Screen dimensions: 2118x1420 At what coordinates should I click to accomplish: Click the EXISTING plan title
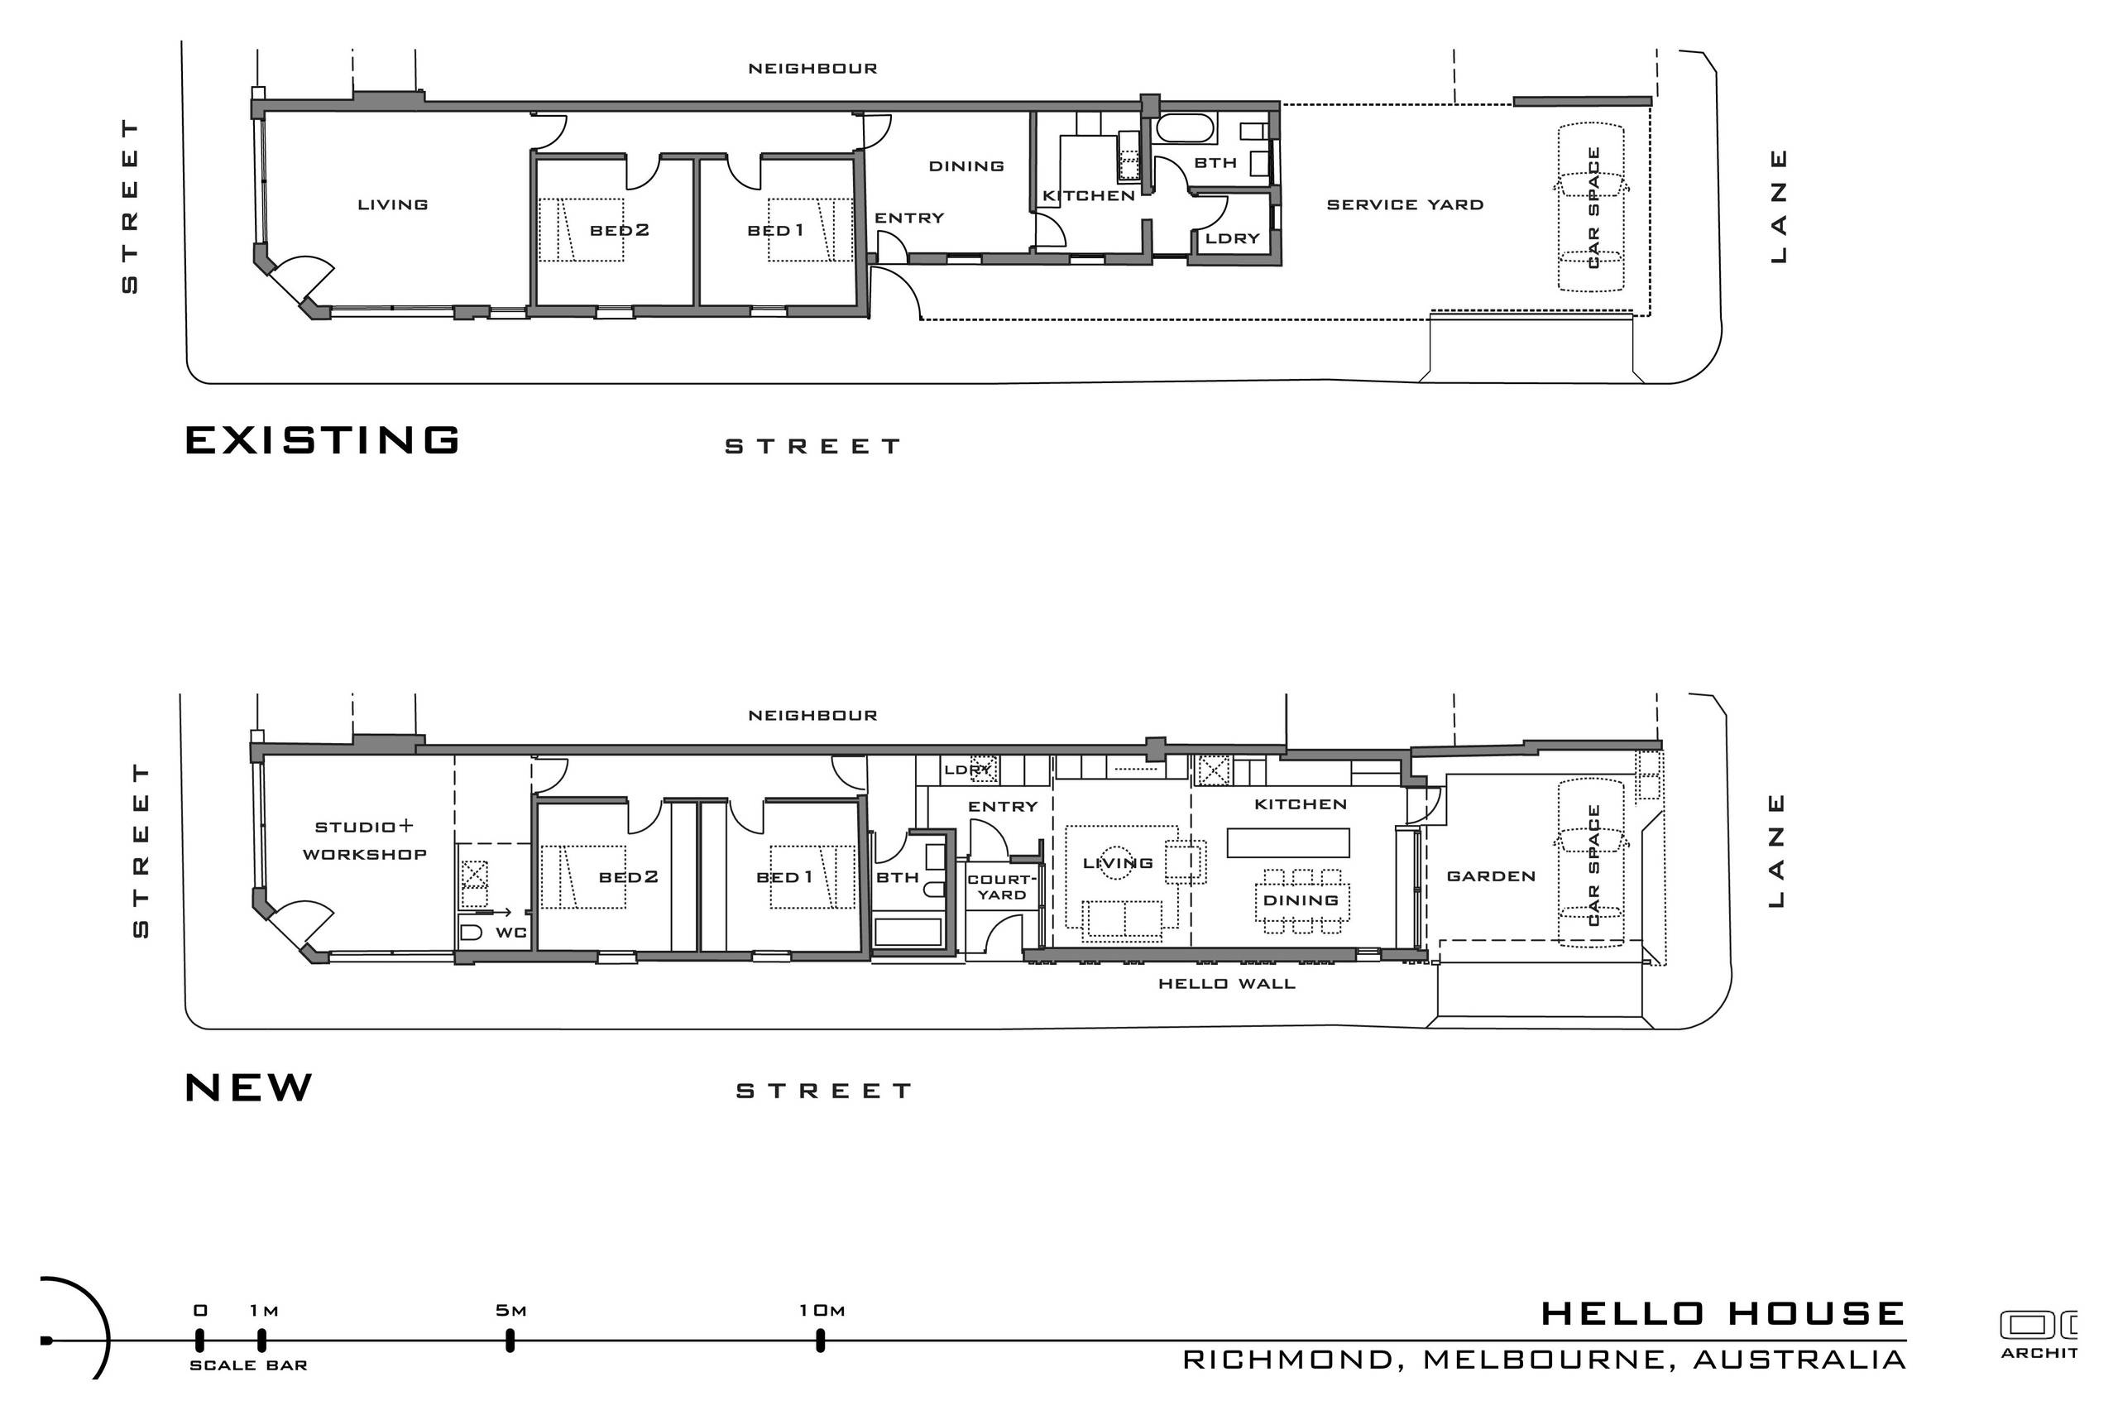click(x=323, y=440)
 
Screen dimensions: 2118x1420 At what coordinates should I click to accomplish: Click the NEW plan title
click(x=249, y=1087)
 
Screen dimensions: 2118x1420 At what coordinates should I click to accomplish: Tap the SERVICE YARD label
click(x=1405, y=204)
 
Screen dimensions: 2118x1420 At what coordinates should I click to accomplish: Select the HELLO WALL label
click(x=1227, y=984)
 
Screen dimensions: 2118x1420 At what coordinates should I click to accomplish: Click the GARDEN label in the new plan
click(x=1491, y=876)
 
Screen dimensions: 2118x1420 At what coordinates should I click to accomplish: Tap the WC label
click(x=511, y=933)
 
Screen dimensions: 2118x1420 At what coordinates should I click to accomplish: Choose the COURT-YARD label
click(x=1002, y=886)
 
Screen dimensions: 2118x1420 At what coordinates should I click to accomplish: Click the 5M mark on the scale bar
click(x=510, y=1341)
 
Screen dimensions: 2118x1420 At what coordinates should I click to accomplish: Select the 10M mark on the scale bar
click(x=821, y=1341)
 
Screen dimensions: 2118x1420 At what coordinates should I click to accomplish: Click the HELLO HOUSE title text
click(x=1723, y=1313)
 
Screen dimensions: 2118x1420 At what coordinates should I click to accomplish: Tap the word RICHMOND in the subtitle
click(x=1287, y=1360)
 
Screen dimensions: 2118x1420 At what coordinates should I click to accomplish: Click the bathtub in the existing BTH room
click(x=1186, y=128)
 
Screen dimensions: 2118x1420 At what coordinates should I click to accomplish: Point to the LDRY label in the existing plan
click(x=1233, y=238)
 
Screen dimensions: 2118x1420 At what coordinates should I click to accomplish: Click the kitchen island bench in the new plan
click(x=1287, y=842)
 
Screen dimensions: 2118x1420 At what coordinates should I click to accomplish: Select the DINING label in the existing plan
click(x=966, y=166)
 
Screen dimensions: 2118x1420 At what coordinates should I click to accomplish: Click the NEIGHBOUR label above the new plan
click(x=812, y=716)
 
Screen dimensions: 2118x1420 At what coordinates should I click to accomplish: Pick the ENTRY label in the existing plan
click(x=909, y=218)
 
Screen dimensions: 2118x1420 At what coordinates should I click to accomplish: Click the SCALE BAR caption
click(x=248, y=1365)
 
